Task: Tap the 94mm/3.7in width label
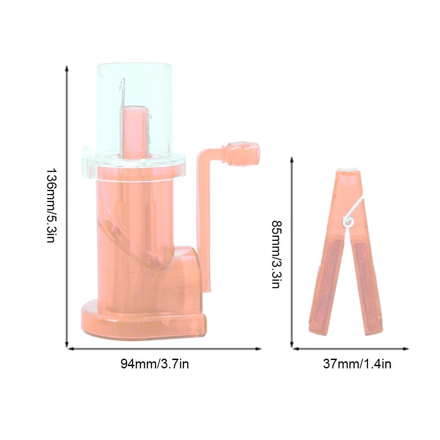155,364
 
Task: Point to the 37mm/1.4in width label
357,364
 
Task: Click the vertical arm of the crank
204,220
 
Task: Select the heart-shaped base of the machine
141,323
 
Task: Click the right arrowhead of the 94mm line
259,349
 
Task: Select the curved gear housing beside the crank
185,273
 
